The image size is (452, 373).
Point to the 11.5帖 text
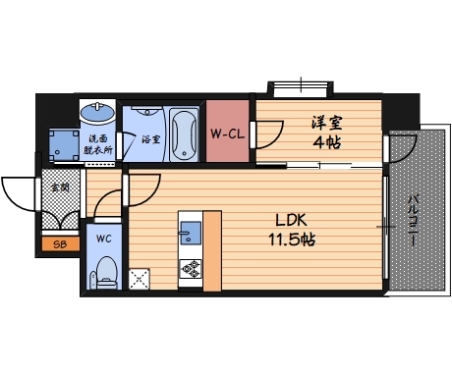[291, 239]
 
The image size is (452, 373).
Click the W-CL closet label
[227, 133]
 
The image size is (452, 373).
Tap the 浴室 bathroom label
[150, 139]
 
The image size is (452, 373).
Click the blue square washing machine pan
[65, 145]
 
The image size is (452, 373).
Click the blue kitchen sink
[191, 232]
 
